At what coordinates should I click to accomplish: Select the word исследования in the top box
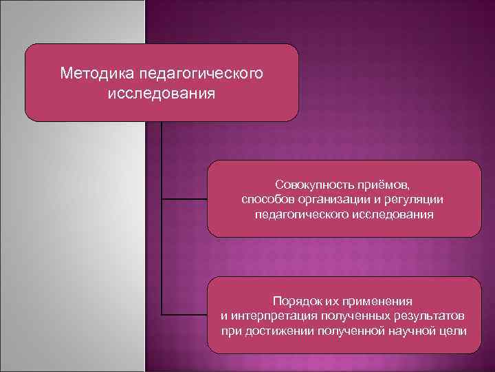click(x=161, y=93)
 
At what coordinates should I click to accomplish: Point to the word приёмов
click(x=385, y=185)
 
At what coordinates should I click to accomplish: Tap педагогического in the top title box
click(x=200, y=72)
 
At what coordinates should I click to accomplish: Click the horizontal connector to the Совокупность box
click(x=184, y=199)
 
